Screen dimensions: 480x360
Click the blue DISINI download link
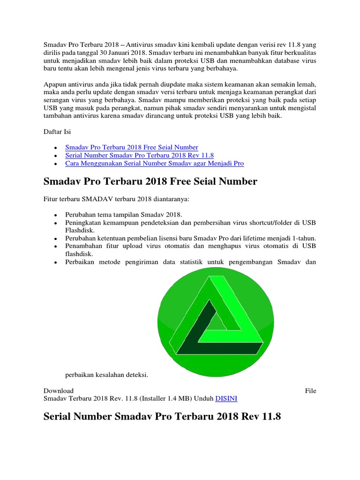tap(226, 398)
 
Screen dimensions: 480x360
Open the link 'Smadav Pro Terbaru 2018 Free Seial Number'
tap(132, 147)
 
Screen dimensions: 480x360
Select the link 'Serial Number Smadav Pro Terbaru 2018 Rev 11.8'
tap(140, 155)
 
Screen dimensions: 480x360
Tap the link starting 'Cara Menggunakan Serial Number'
tap(154, 164)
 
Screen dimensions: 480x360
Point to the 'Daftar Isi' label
tap(57, 132)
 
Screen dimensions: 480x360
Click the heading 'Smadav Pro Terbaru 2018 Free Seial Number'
tap(150, 181)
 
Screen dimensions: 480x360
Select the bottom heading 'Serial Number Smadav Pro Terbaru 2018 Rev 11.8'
tap(162, 416)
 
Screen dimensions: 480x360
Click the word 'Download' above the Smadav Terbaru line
tap(59, 390)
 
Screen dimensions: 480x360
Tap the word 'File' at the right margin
tap(310, 390)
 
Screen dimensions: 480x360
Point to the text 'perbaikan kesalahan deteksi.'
tap(106, 375)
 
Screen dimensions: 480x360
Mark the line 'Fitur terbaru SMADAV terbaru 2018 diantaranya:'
tap(116, 200)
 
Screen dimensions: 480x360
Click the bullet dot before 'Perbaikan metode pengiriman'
tap(55, 262)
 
